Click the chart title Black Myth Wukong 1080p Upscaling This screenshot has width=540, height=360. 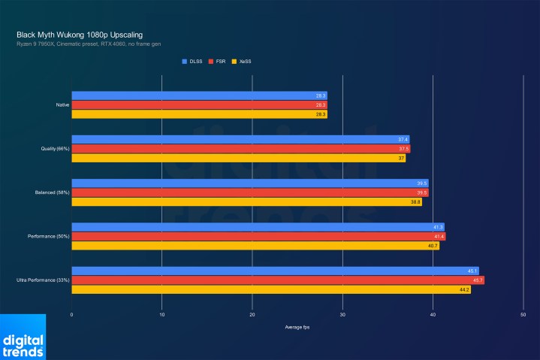[x=79, y=35]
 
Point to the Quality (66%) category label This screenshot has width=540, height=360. [x=55, y=149]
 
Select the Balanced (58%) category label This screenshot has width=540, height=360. [x=53, y=192]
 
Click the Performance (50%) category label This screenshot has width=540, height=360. [x=50, y=236]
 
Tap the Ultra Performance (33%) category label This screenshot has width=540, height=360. [x=43, y=280]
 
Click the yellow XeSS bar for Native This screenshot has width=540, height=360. [x=199, y=114]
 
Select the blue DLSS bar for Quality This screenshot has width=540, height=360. [x=240, y=140]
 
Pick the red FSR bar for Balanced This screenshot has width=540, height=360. [x=249, y=192]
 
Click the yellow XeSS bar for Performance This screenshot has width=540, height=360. [x=255, y=245]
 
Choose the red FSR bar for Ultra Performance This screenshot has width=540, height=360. [x=278, y=280]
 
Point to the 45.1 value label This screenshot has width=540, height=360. [x=472, y=271]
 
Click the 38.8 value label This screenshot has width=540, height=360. [x=415, y=201]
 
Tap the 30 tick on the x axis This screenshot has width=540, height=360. [x=342, y=315]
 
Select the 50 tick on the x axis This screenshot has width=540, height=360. [x=523, y=315]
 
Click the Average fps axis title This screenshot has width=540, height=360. [x=297, y=327]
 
